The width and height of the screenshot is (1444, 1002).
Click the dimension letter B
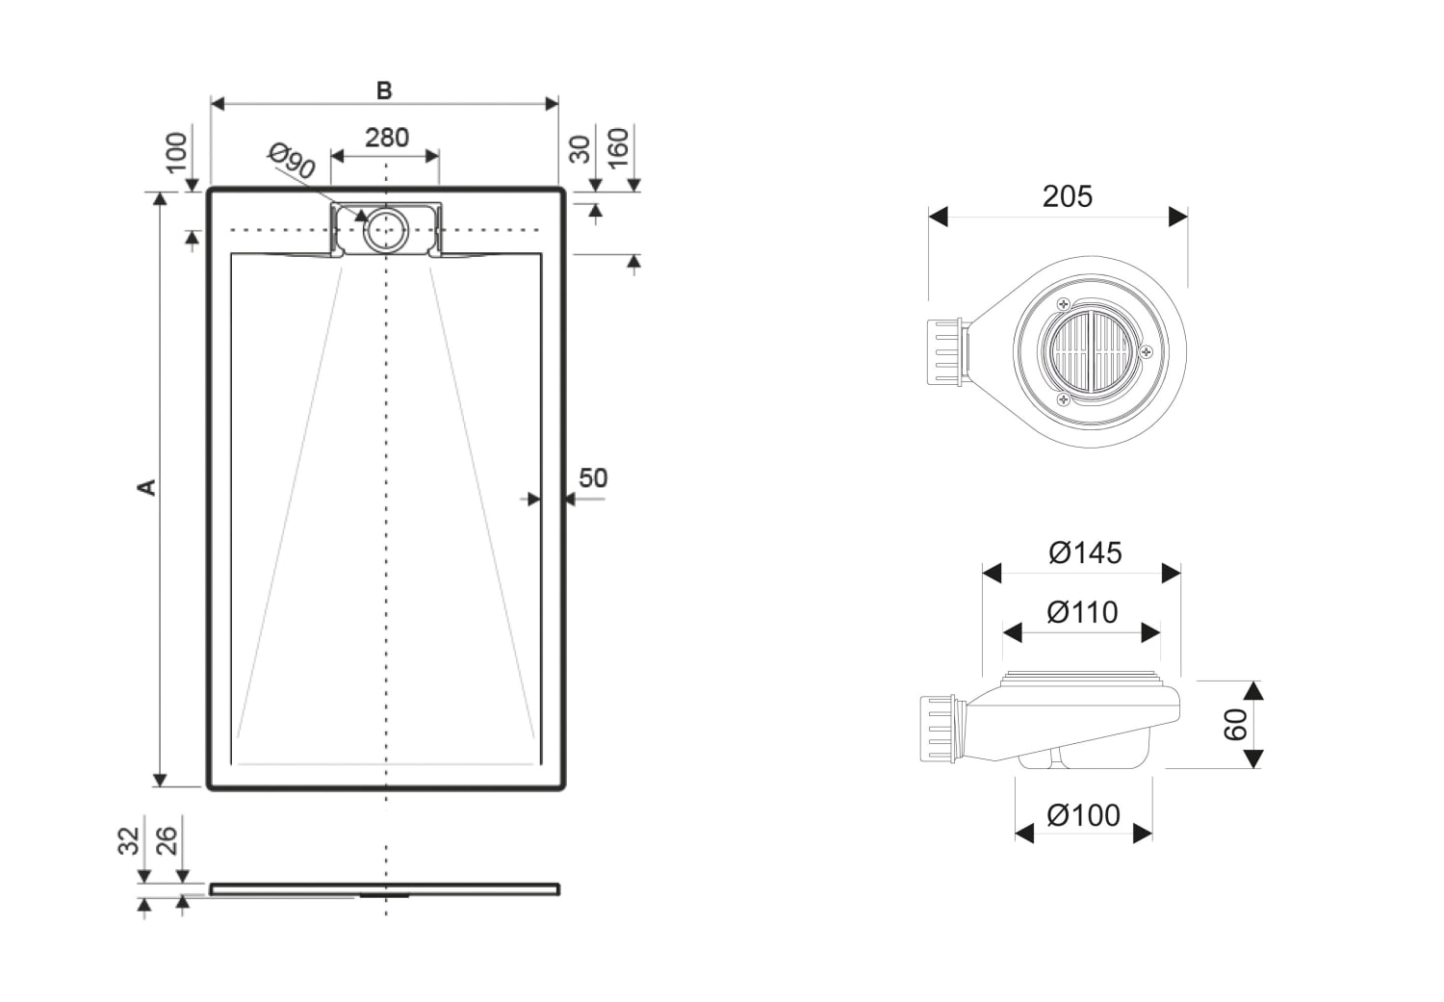(x=384, y=90)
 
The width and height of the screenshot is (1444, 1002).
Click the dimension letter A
(x=147, y=487)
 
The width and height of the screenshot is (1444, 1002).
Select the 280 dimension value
(x=387, y=138)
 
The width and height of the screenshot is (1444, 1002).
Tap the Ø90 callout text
(x=292, y=161)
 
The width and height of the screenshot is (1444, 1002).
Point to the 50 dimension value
(x=593, y=478)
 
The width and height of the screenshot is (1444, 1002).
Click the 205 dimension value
(x=1068, y=196)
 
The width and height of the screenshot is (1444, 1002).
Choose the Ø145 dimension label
(x=1086, y=552)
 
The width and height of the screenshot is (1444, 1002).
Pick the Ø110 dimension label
(x=1082, y=612)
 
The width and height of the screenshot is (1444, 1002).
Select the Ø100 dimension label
(x=1084, y=816)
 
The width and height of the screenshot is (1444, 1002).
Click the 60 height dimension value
(x=1235, y=724)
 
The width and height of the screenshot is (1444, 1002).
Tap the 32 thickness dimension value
(x=129, y=841)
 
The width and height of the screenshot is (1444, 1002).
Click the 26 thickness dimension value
(x=167, y=841)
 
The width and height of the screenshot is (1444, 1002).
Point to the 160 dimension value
(x=618, y=147)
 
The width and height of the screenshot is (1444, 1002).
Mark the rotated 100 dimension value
(x=176, y=153)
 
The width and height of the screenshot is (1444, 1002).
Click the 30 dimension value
(x=580, y=149)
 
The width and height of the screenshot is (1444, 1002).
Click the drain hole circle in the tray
(x=385, y=230)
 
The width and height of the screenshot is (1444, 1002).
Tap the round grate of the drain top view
(x=1090, y=352)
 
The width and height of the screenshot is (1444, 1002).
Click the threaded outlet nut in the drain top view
(x=945, y=352)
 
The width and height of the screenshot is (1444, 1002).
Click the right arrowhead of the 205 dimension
(x=1177, y=217)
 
